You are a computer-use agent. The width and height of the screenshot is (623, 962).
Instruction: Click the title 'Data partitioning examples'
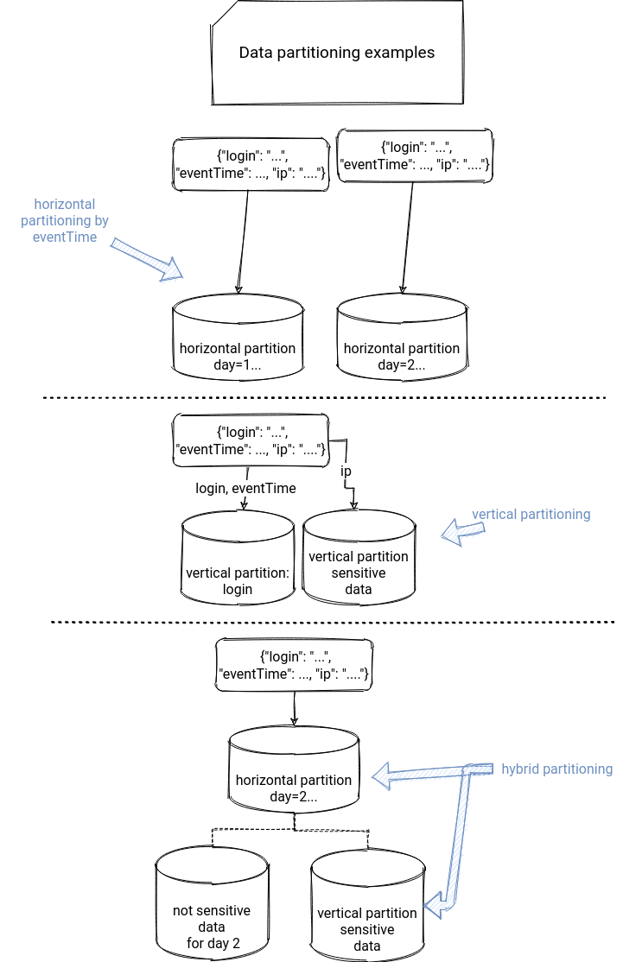click(336, 53)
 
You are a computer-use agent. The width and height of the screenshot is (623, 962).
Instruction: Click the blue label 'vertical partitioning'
click(531, 515)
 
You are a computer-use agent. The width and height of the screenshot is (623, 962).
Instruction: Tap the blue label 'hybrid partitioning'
click(556, 769)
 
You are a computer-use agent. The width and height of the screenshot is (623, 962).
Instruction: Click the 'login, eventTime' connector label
click(245, 489)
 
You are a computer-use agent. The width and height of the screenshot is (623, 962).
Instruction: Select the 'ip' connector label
click(346, 472)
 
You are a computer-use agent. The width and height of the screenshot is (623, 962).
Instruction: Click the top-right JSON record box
click(415, 156)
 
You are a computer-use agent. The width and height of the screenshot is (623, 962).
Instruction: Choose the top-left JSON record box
click(251, 164)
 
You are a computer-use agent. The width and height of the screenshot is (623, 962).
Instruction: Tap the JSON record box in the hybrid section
click(294, 664)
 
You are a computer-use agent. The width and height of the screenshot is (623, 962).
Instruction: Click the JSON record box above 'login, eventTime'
click(251, 440)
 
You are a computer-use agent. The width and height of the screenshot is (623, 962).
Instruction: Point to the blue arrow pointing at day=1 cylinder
click(147, 259)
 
